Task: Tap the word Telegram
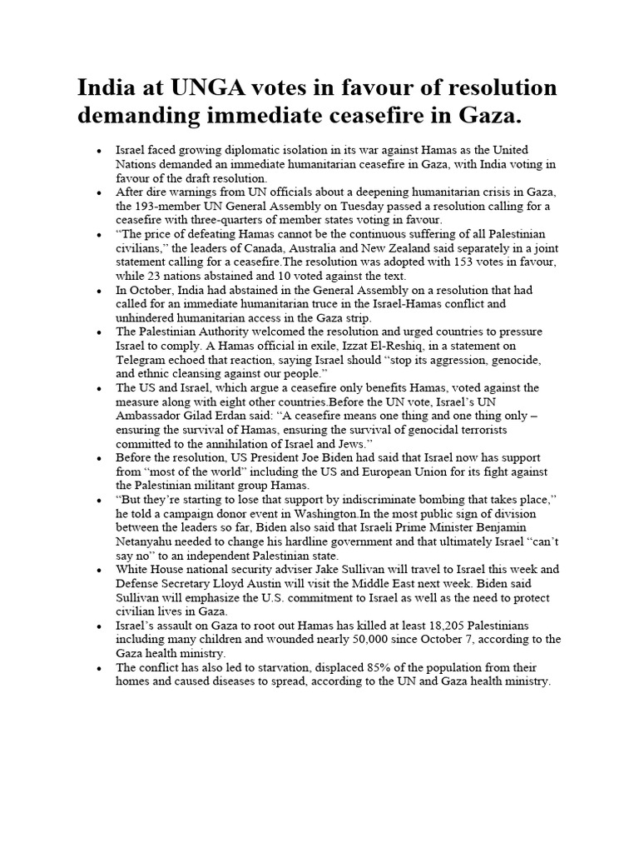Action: click(x=143, y=360)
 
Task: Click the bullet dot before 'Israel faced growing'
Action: click(x=99, y=152)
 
